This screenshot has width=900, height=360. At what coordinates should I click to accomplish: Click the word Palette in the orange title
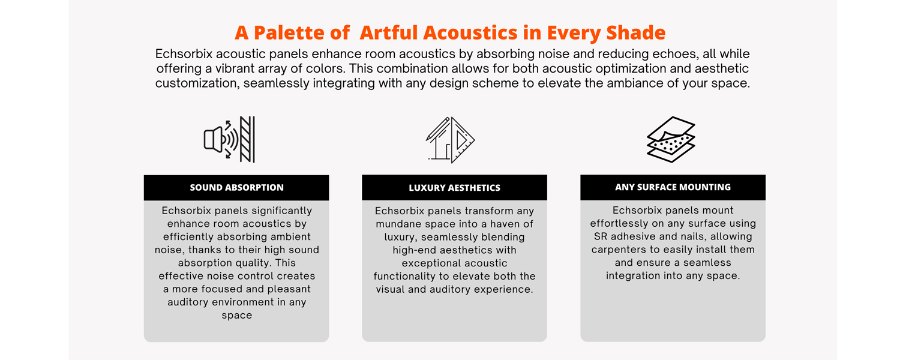coord(289,32)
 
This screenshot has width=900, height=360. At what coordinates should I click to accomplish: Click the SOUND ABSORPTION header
coord(236,188)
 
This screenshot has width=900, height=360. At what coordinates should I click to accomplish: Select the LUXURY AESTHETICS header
coord(454,188)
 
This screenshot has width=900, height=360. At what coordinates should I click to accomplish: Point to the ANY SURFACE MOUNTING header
coord(673,187)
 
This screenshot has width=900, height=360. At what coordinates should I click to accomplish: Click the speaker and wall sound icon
coord(229,139)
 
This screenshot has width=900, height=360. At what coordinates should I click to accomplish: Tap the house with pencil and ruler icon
coord(451,140)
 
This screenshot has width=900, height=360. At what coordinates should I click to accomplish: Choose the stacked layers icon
coord(671,139)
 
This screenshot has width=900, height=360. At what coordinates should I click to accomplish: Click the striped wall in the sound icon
coord(247,139)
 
